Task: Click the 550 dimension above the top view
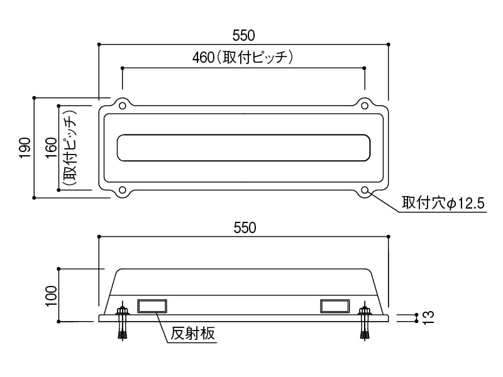point(244,35)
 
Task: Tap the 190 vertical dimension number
point(25,148)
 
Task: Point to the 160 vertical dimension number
point(52,148)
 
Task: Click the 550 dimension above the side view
point(244,228)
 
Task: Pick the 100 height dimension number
point(51,295)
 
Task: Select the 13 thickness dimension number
point(428,317)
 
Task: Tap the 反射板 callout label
point(193,333)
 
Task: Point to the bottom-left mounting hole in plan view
point(123,190)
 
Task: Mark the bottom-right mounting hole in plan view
point(365,190)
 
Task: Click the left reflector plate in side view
point(152,305)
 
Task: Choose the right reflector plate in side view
point(334,305)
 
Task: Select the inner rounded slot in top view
point(244,148)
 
